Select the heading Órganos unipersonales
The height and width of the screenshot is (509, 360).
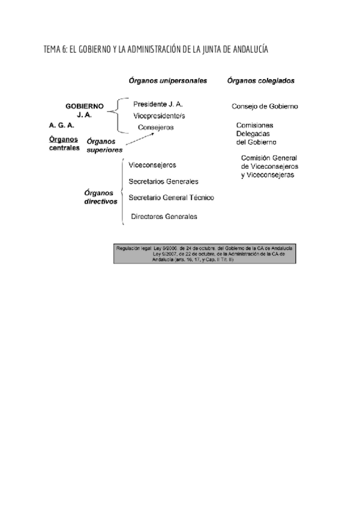[167, 80]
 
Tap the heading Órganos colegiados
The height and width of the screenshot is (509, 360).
[260, 80]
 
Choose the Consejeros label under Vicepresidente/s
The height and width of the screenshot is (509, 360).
[155, 127]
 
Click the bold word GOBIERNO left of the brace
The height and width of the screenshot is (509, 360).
[85, 106]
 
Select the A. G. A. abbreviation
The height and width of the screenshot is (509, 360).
[62, 125]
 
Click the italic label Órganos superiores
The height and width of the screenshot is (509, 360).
[104, 145]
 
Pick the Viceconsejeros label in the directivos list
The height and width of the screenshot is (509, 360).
[152, 164]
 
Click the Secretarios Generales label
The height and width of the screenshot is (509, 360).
[164, 181]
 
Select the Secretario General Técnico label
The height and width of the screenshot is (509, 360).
[171, 197]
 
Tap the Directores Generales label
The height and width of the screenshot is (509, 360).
[164, 216]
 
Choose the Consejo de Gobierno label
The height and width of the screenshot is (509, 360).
[265, 107]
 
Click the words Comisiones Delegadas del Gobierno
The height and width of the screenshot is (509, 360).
[256, 134]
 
